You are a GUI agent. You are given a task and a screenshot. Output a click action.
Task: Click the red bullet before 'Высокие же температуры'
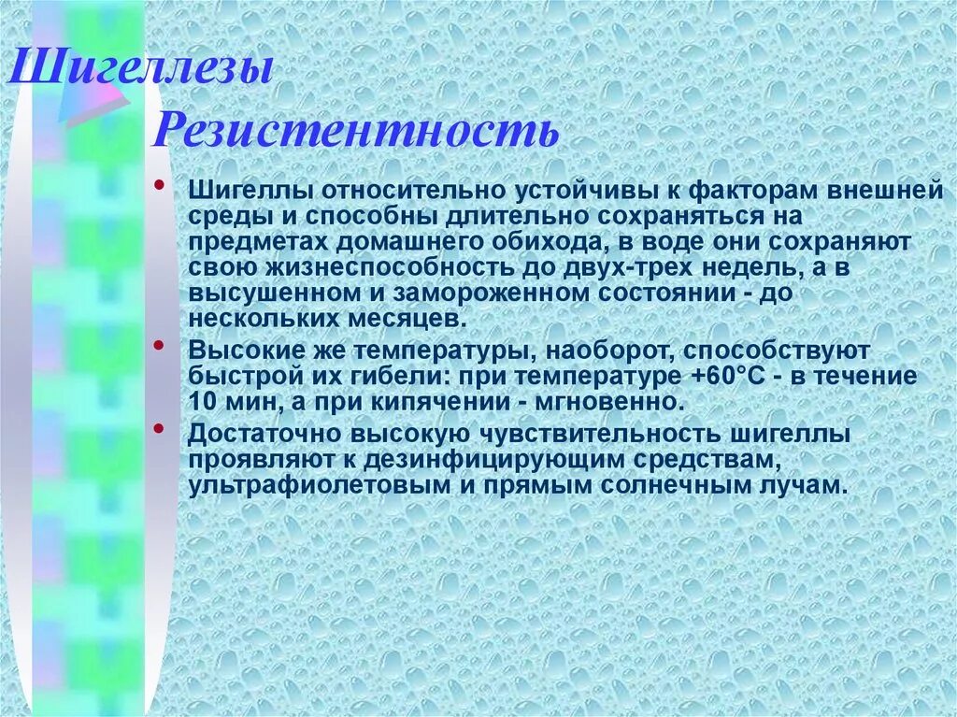[x=163, y=346]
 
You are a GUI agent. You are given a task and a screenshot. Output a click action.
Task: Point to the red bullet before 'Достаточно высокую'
[x=163, y=428]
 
